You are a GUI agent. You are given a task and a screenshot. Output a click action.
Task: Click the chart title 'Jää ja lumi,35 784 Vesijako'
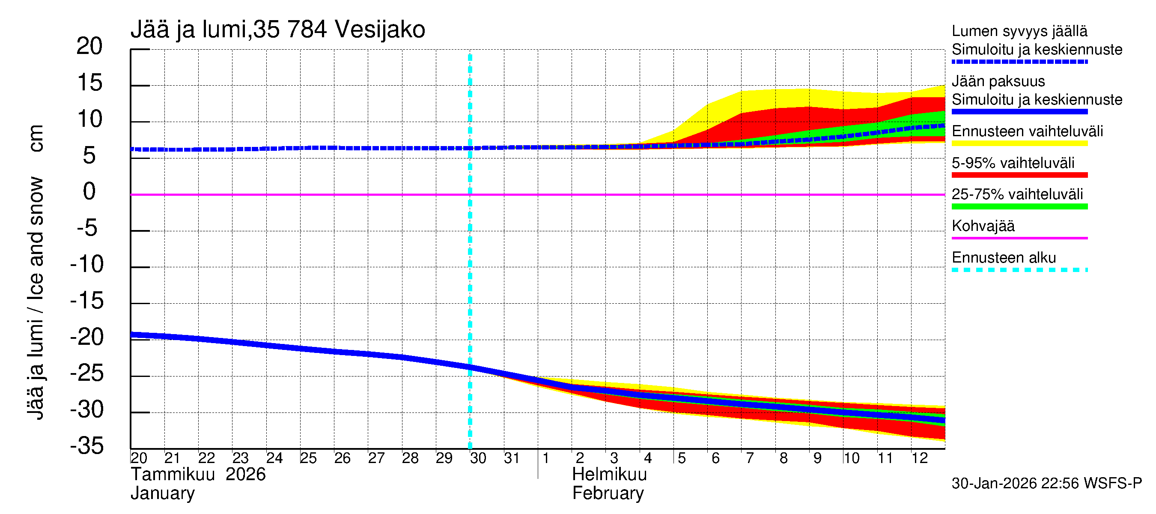277,30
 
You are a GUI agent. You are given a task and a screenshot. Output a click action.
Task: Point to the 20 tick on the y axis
89,46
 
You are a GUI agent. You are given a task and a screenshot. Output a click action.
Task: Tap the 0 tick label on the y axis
89,192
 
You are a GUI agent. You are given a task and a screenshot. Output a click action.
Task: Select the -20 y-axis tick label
87,337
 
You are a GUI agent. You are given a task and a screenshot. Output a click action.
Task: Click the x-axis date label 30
478,458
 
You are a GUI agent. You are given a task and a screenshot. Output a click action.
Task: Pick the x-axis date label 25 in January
308,458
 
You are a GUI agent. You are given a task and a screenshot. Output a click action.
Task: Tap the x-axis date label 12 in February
919,458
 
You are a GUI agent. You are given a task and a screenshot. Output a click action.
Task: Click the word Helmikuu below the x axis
609,475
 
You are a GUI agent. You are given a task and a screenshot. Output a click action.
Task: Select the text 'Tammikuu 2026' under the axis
198,475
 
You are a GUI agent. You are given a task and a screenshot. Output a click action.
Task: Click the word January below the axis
162,493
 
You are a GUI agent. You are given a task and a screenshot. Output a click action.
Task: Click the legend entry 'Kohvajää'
983,226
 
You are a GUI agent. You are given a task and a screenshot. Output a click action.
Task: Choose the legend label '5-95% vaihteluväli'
1013,163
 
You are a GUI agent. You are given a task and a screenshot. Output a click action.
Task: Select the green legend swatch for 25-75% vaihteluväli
1019,206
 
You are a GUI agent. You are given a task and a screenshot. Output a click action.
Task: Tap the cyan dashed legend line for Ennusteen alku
1019,270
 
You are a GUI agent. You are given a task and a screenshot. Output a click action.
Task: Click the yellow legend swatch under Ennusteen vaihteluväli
1019,143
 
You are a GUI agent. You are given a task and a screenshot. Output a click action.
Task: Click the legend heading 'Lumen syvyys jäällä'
1019,31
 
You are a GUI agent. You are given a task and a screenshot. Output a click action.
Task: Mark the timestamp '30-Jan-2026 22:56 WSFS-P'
1046,484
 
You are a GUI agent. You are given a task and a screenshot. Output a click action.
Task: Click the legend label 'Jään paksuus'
998,81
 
